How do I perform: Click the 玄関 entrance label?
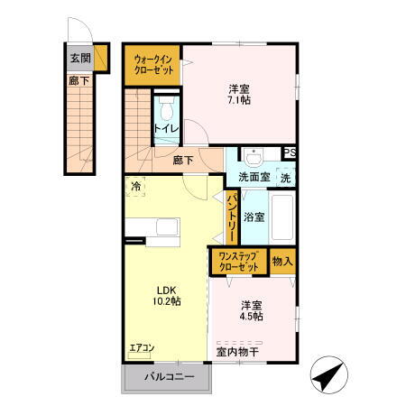(80, 58)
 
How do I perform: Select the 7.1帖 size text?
(239, 100)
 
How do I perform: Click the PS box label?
(291, 152)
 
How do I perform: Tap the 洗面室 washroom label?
(254, 177)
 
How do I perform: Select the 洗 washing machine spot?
(285, 177)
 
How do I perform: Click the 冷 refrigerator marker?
(136, 187)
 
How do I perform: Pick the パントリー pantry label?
(232, 219)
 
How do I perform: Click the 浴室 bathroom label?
(254, 217)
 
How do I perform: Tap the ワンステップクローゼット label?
(238, 262)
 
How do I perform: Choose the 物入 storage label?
(282, 262)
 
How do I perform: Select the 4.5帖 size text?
(252, 317)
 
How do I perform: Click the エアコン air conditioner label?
(141, 346)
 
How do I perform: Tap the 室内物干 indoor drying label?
(237, 351)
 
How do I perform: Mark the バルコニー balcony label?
(166, 377)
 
